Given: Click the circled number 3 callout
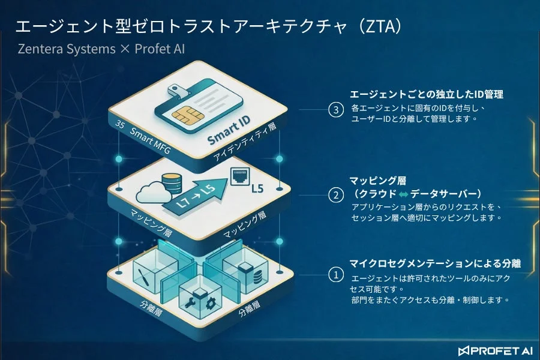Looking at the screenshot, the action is [336, 110].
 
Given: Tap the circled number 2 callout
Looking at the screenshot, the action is [336, 195].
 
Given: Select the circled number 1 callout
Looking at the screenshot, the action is [336, 275].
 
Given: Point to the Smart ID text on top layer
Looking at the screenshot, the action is [229, 130].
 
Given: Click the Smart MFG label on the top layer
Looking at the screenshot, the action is [150, 140].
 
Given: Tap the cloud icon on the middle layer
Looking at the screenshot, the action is [154, 193].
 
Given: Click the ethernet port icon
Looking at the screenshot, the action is [239, 176].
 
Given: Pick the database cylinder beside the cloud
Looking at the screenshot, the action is [172, 182].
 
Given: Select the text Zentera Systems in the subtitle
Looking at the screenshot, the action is [67, 49].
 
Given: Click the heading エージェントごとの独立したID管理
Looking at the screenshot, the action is [427, 94].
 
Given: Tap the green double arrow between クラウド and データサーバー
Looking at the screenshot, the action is [403, 194].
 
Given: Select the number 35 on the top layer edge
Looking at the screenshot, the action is [120, 124].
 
